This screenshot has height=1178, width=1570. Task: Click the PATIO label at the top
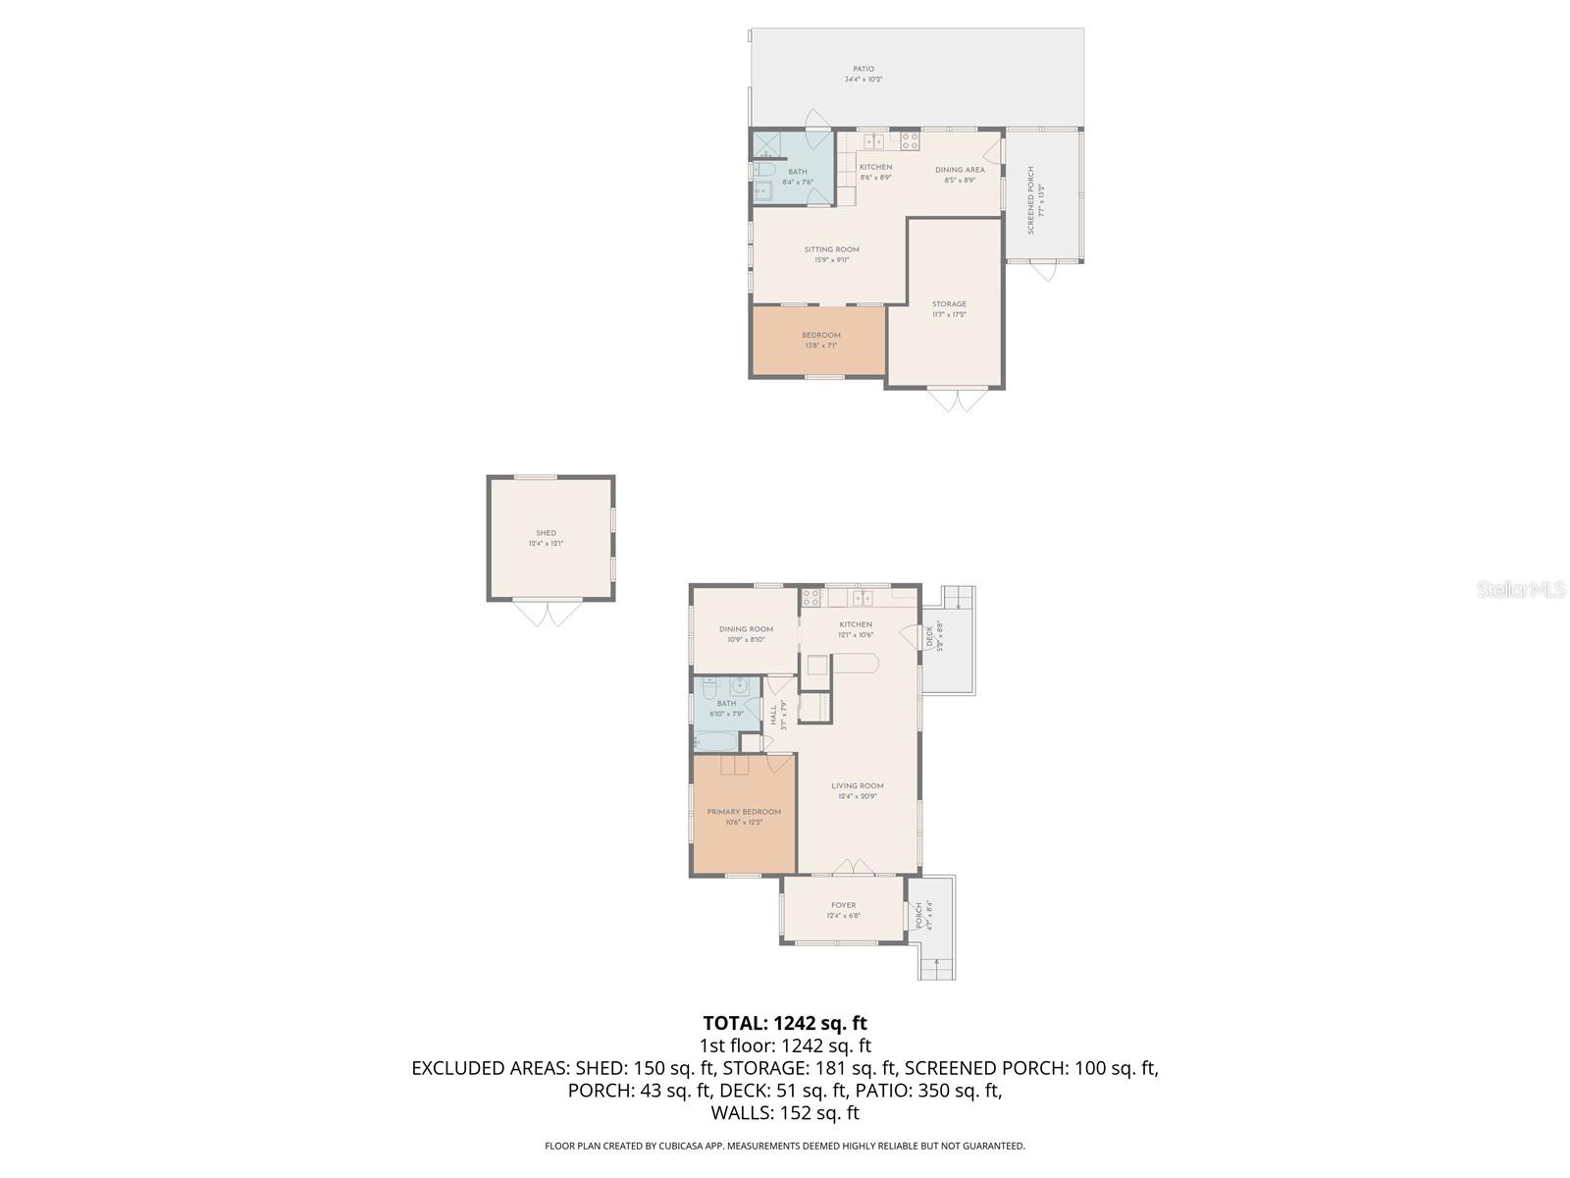(x=863, y=69)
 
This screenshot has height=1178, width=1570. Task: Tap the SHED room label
(x=547, y=533)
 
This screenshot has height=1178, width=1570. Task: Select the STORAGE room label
(x=949, y=304)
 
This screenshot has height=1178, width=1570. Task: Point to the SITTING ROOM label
(x=831, y=249)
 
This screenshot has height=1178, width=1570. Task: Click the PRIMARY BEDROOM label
(x=744, y=812)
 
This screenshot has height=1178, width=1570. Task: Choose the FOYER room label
(x=843, y=905)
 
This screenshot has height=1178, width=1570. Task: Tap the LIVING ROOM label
(x=857, y=785)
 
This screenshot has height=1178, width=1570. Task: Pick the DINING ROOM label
(x=746, y=629)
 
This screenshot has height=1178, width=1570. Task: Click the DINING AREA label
(x=959, y=170)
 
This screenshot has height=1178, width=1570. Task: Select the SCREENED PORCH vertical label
(x=1031, y=200)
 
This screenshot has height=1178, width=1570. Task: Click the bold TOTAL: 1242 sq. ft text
(x=785, y=1024)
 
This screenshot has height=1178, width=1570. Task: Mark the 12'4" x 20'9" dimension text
(x=857, y=796)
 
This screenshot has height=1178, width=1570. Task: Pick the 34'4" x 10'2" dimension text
(x=863, y=80)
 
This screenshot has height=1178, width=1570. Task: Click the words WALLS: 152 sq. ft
(x=785, y=1113)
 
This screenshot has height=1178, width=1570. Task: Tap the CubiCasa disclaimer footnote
(x=785, y=1146)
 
